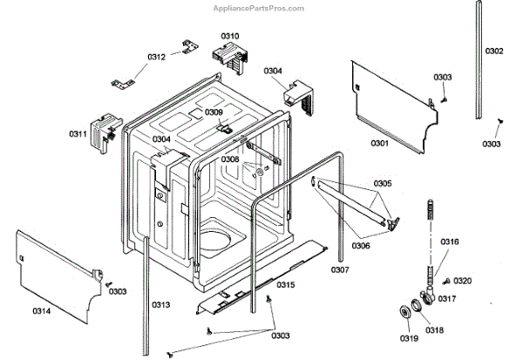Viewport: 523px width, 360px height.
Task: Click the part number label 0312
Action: (156, 57)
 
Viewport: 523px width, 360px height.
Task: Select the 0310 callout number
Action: (230, 36)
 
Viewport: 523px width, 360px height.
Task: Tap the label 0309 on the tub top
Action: (214, 112)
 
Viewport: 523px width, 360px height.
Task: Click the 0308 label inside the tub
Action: (230, 160)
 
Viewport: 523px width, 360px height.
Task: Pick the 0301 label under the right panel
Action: (379, 142)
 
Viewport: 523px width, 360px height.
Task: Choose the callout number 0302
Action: (494, 51)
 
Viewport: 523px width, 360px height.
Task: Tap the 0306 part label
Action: (360, 246)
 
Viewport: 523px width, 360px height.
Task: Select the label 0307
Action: (340, 270)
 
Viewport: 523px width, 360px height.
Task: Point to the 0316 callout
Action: (450, 241)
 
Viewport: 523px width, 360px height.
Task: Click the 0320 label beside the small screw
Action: (463, 281)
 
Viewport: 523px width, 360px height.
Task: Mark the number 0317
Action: (447, 299)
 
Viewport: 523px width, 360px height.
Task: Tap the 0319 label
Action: (407, 338)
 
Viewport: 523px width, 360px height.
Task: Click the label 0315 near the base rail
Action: (285, 285)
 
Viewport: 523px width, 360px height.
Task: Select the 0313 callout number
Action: (160, 304)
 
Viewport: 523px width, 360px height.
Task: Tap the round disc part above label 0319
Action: (405, 314)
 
